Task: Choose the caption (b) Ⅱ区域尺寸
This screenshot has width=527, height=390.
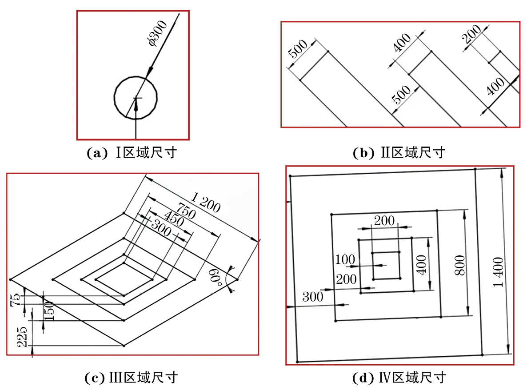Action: coord(399,153)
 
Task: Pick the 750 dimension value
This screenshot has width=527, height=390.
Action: coord(186,211)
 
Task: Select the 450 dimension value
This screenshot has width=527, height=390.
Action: coord(174,218)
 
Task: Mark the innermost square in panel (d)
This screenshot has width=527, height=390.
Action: coord(386,265)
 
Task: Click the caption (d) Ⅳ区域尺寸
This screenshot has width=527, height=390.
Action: coord(399,378)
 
